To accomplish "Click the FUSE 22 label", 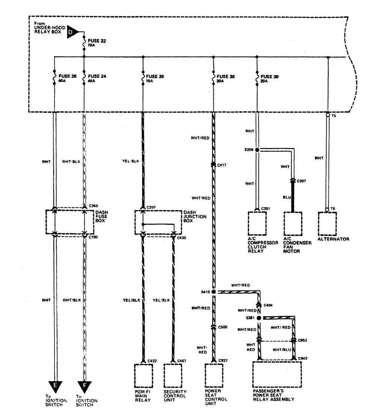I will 95,40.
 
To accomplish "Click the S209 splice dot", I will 257,150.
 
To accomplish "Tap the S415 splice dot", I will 214,291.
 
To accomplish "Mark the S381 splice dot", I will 259,318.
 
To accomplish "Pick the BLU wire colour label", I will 287,196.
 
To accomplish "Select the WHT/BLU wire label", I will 281,349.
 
